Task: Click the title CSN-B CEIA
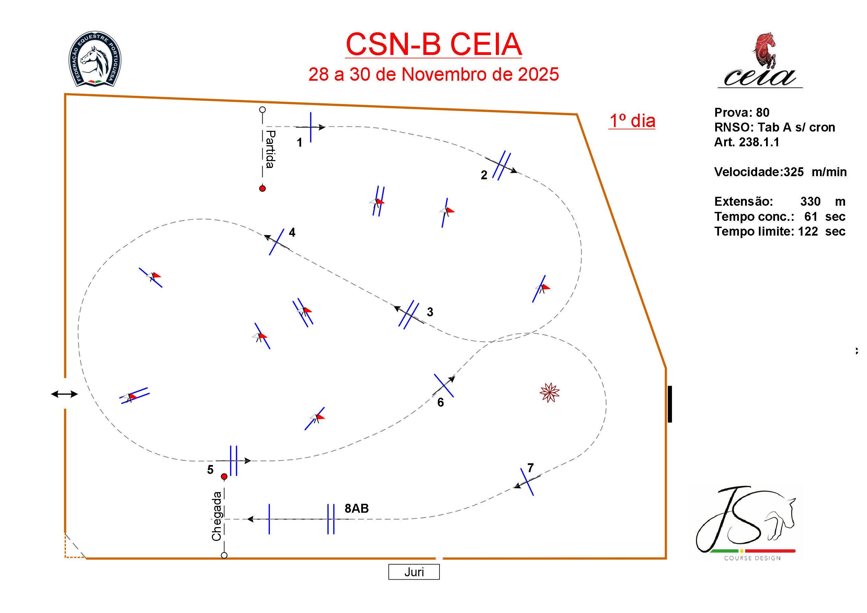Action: click(433, 45)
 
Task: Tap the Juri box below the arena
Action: click(414, 572)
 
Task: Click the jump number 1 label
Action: click(299, 143)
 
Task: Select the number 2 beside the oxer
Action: click(484, 175)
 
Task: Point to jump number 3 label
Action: click(430, 312)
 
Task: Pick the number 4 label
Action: click(292, 232)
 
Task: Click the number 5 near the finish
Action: click(210, 469)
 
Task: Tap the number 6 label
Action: click(440, 402)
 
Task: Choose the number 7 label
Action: click(530, 468)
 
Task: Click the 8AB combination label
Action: click(356, 508)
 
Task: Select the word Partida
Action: click(270, 149)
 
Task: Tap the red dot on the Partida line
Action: click(262, 189)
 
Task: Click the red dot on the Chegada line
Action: click(224, 477)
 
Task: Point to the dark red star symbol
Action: click(549, 393)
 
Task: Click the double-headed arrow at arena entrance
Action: click(64, 394)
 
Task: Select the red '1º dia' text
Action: click(632, 121)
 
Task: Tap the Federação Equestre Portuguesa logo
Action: click(95, 59)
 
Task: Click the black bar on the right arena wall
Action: click(670, 404)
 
